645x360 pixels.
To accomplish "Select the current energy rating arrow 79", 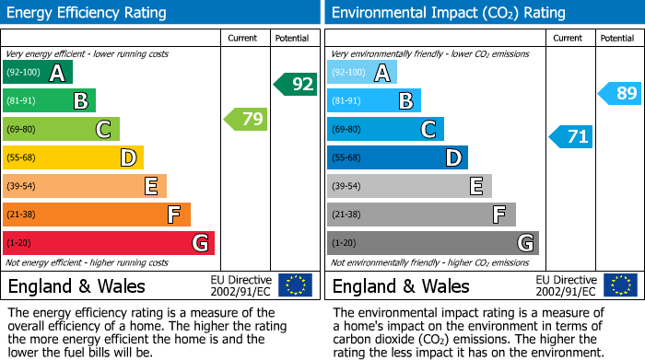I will click(247, 119).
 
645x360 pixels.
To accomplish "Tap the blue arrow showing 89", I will click(620, 93).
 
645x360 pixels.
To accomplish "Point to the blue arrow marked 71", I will click(571, 137).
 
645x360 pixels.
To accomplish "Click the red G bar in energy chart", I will click(109, 243).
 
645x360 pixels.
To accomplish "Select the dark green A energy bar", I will click(38, 73).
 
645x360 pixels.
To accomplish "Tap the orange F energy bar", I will click(97, 215).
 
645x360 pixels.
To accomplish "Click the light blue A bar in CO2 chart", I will click(362, 73).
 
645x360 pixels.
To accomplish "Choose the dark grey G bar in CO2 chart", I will click(432, 243).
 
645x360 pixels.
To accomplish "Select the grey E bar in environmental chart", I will click(409, 186).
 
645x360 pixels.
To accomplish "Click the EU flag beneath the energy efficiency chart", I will click(295, 285).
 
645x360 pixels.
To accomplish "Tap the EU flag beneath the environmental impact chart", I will click(619, 285).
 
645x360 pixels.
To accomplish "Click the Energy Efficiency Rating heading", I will click(88, 13).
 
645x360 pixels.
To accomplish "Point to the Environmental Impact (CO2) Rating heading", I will click(448, 13).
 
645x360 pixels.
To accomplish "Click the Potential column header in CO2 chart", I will click(617, 38).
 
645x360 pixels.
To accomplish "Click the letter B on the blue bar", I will click(405, 101).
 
